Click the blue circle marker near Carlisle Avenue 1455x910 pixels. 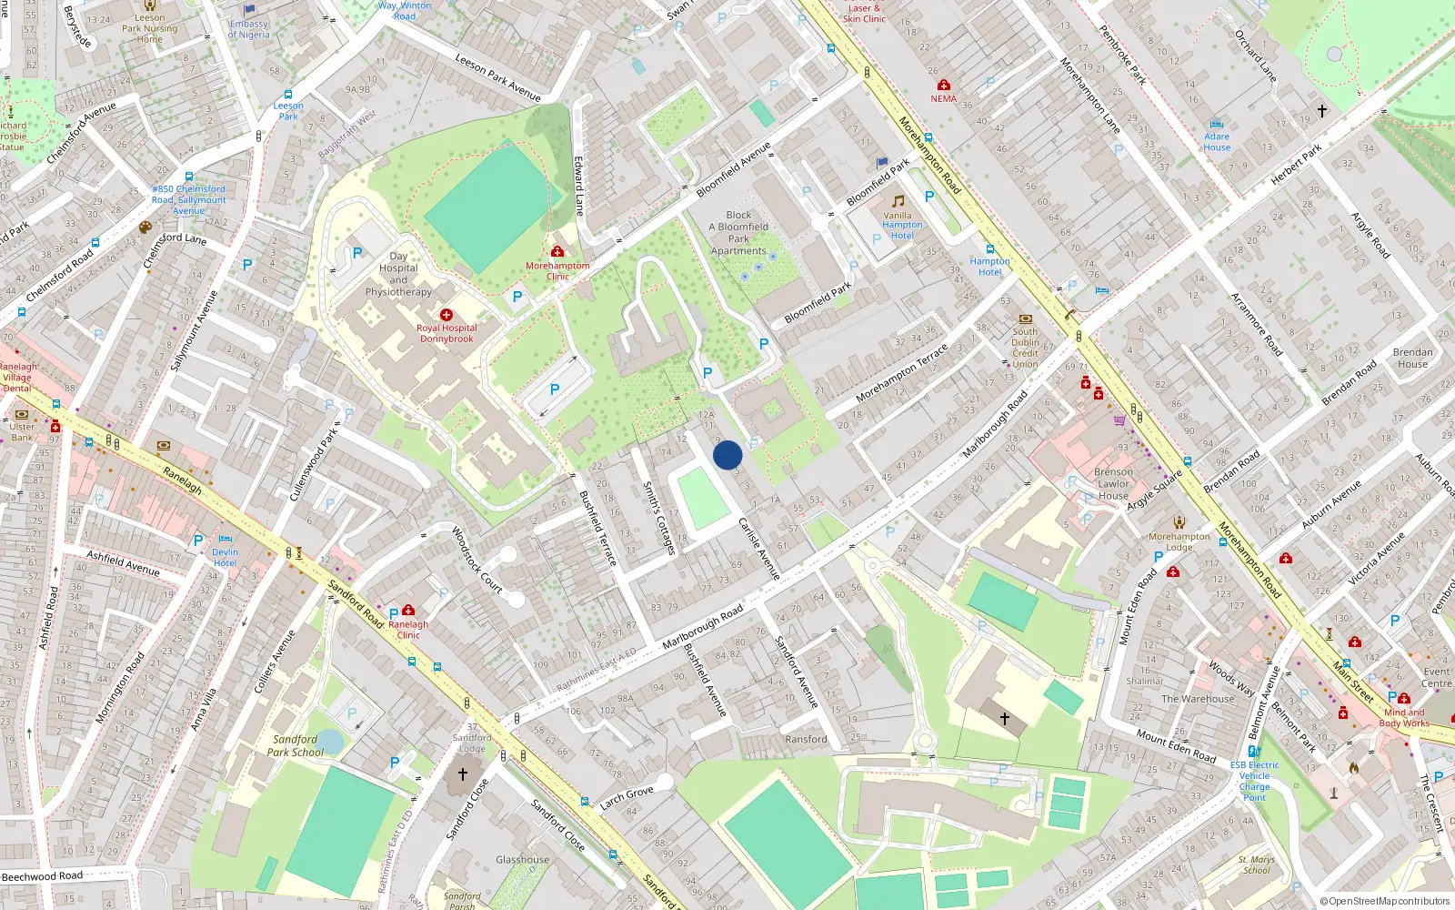[x=727, y=455]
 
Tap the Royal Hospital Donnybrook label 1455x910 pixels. [x=447, y=333]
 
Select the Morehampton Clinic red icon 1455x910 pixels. [x=557, y=252]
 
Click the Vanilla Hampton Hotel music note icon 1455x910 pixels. [x=898, y=201]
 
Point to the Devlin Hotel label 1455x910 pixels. [x=225, y=557]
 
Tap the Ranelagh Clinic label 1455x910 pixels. [x=408, y=630]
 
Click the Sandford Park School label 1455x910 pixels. [x=296, y=746]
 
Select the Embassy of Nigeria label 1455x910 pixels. [x=249, y=30]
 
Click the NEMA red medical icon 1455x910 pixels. [x=943, y=86]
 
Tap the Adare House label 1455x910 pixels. [x=1217, y=142]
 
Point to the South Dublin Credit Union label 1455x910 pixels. [x=1025, y=348]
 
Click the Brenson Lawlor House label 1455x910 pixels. [x=1113, y=484]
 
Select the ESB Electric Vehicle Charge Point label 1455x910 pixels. [x=1254, y=781]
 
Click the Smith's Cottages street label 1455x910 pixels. [x=659, y=518]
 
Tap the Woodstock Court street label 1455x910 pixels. [x=477, y=560]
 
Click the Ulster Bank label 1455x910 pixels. [x=22, y=431]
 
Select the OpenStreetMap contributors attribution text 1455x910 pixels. [x=1385, y=901]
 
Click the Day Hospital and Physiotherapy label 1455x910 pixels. [x=398, y=274]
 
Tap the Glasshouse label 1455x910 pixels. [x=522, y=859]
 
